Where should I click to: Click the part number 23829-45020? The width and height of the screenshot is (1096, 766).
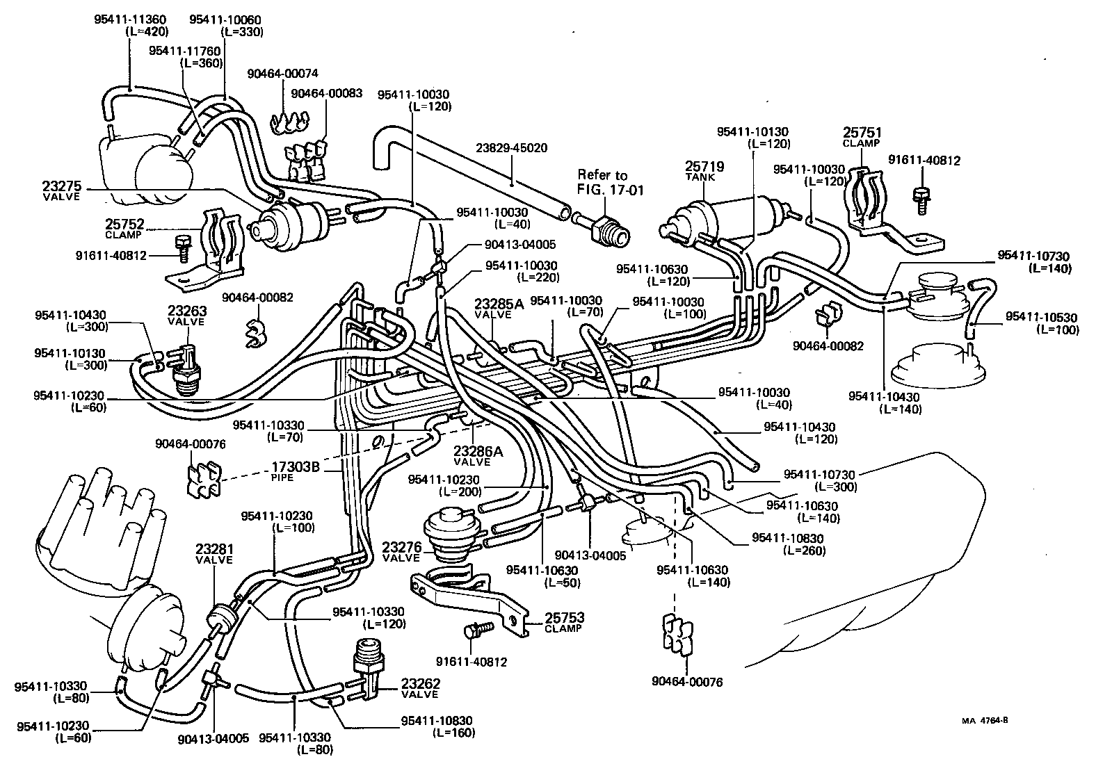click(511, 148)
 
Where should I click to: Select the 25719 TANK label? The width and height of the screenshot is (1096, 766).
click(704, 170)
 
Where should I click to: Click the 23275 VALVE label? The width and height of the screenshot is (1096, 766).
click(61, 190)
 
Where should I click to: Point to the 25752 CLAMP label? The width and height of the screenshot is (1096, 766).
click(124, 228)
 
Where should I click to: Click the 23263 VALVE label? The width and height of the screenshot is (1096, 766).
click(186, 316)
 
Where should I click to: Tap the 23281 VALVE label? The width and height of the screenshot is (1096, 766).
click(214, 553)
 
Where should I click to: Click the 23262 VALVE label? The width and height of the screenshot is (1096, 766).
click(420, 688)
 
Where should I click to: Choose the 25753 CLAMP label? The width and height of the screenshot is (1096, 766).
click(563, 621)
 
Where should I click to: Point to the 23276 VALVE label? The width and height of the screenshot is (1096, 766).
click(401, 551)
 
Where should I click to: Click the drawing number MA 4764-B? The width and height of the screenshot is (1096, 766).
click(985, 720)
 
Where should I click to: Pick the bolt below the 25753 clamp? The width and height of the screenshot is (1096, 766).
click(477, 630)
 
